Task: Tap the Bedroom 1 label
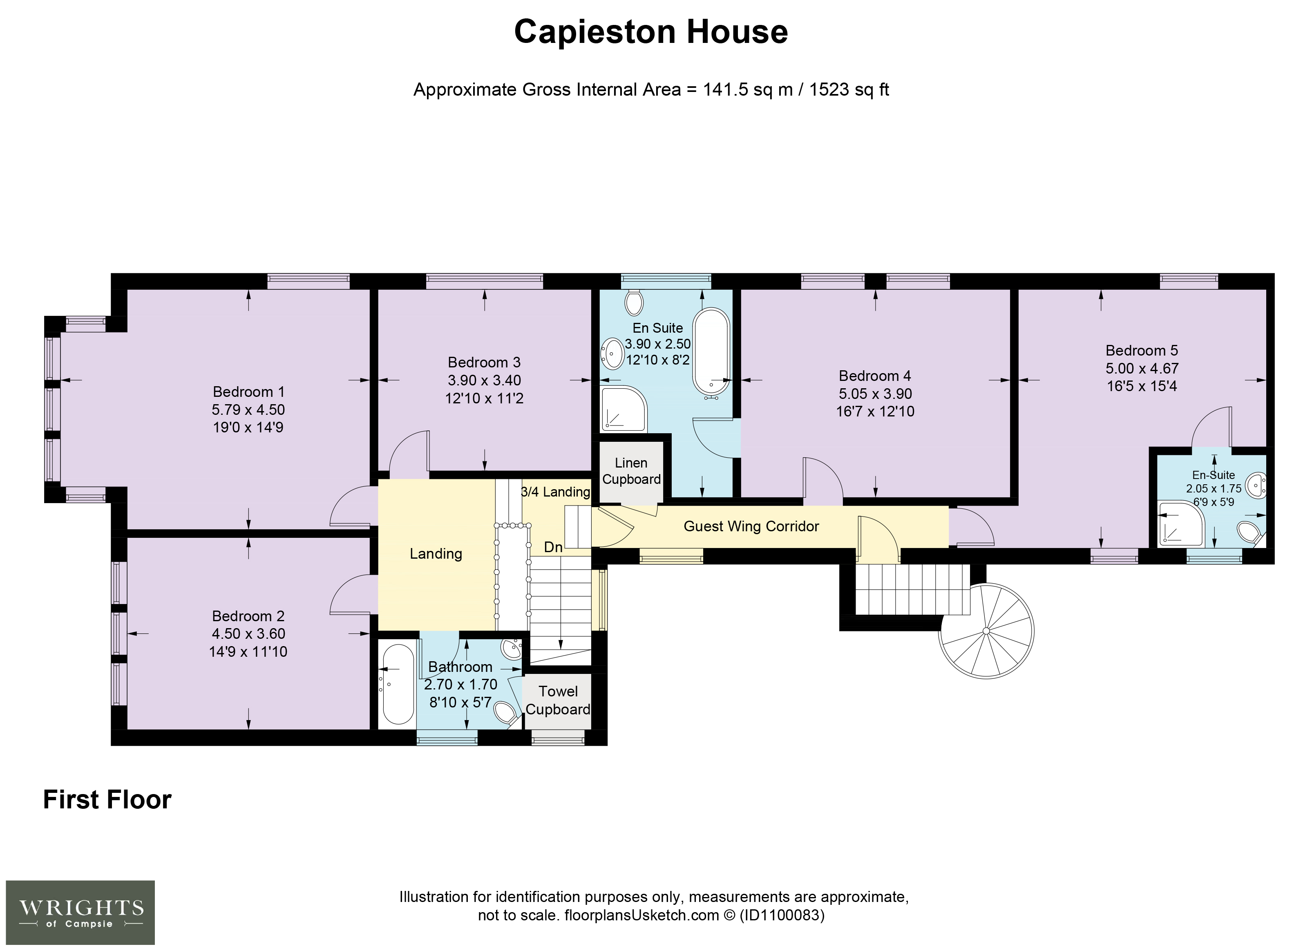(249, 392)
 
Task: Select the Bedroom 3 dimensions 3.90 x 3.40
(485, 380)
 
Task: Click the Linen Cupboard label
(631, 471)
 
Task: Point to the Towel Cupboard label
(558, 700)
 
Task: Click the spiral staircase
(986, 631)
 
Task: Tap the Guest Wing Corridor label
(751, 526)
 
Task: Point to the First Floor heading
(107, 800)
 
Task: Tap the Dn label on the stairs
(553, 547)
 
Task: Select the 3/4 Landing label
(555, 492)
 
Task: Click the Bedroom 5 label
(1142, 351)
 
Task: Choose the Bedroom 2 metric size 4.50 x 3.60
(249, 634)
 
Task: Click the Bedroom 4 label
(875, 376)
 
